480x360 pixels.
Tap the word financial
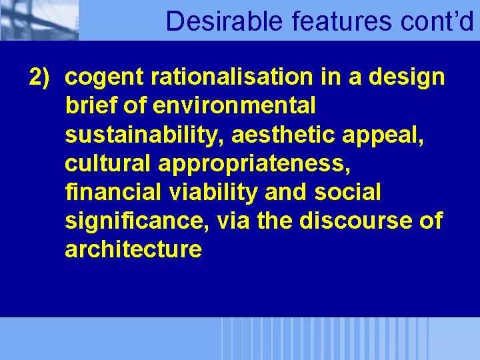point(111,193)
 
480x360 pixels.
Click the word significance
point(137,221)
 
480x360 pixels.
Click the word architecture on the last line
point(133,250)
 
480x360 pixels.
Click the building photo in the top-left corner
point(39,20)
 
